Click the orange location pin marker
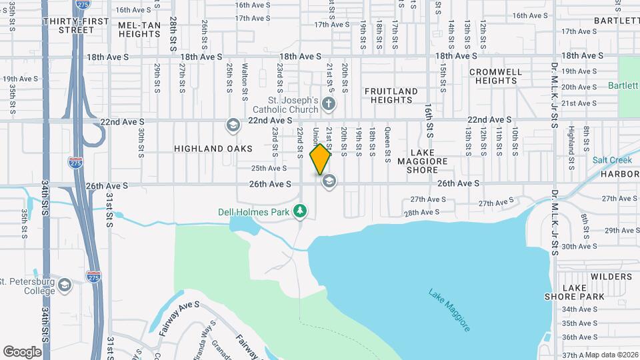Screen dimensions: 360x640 tap(320, 159)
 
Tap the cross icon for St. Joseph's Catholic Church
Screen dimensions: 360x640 tap(328, 103)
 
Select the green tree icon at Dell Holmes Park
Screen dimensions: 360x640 tap(301, 211)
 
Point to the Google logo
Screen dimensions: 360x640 tap(22, 351)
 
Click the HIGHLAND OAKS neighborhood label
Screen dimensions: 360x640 tap(213, 148)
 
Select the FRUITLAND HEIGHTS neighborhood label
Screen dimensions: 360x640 tap(391, 95)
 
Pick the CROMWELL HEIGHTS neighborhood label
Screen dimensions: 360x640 tap(493, 76)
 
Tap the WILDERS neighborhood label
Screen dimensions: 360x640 tap(607, 276)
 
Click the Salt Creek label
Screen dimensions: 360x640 tap(607, 161)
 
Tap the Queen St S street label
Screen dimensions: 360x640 tap(387, 145)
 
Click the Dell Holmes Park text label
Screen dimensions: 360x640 tap(254, 212)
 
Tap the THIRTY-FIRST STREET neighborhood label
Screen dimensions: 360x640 tap(75, 25)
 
